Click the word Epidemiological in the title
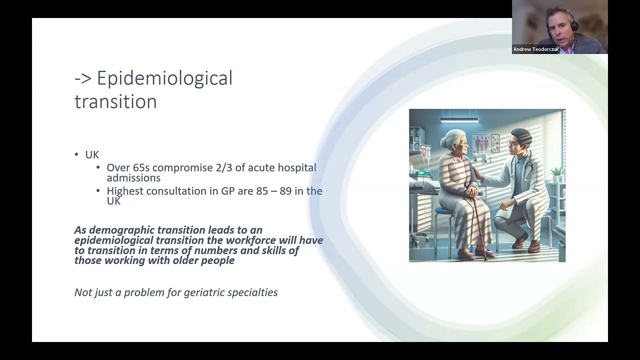164,78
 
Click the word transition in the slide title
115,101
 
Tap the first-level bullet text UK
92,155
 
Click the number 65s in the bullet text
142,168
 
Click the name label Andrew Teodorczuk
535,49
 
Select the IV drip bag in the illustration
426,152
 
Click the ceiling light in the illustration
459,120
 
